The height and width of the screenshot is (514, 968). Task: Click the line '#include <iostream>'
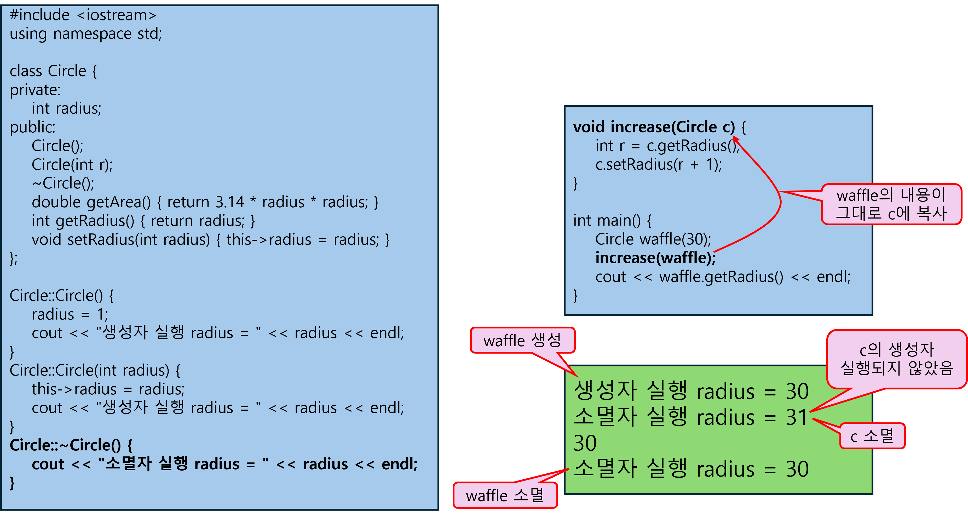coord(83,15)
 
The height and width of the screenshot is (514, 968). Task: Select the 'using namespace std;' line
coord(86,34)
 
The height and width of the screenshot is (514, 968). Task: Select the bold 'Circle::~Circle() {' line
coord(71,445)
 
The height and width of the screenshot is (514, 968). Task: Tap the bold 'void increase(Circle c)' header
coord(654,127)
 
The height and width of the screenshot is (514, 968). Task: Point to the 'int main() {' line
coord(612,221)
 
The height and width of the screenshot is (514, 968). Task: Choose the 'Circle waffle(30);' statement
coord(653,239)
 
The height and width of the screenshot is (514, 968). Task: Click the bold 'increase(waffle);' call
coord(655,258)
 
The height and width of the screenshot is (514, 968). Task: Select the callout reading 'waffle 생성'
coord(522,340)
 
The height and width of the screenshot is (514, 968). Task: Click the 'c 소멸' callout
coord(872,436)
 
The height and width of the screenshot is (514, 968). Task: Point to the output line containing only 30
coord(585,443)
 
